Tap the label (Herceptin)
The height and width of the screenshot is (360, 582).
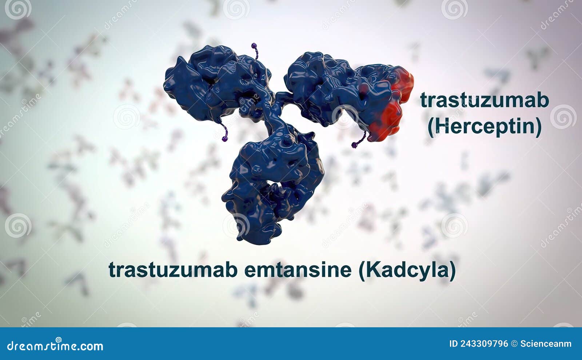(x=484, y=127)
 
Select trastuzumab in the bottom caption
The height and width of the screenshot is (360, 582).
(x=173, y=270)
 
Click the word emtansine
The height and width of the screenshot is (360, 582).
(x=298, y=270)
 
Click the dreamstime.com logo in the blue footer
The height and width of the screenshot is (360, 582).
(x=55, y=346)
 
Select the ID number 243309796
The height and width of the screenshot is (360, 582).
(x=484, y=344)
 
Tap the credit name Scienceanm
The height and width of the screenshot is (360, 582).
(x=546, y=344)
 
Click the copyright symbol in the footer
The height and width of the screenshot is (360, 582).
(x=514, y=344)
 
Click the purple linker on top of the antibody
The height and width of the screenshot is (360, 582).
(x=255, y=50)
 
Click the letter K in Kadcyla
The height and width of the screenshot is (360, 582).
(x=371, y=270)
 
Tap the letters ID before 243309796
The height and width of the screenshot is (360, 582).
(x=453, y=344)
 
